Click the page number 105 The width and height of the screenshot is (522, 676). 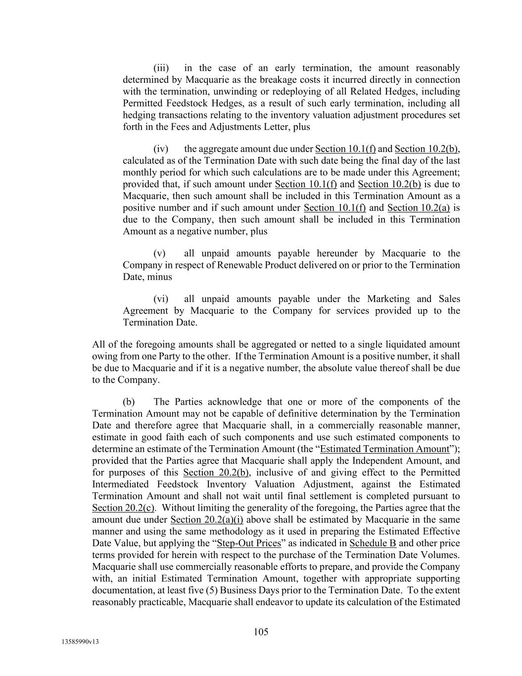261,631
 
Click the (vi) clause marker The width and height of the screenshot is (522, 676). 161,299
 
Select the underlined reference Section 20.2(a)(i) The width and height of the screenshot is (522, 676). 207,520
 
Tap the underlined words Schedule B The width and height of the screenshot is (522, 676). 373,543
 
